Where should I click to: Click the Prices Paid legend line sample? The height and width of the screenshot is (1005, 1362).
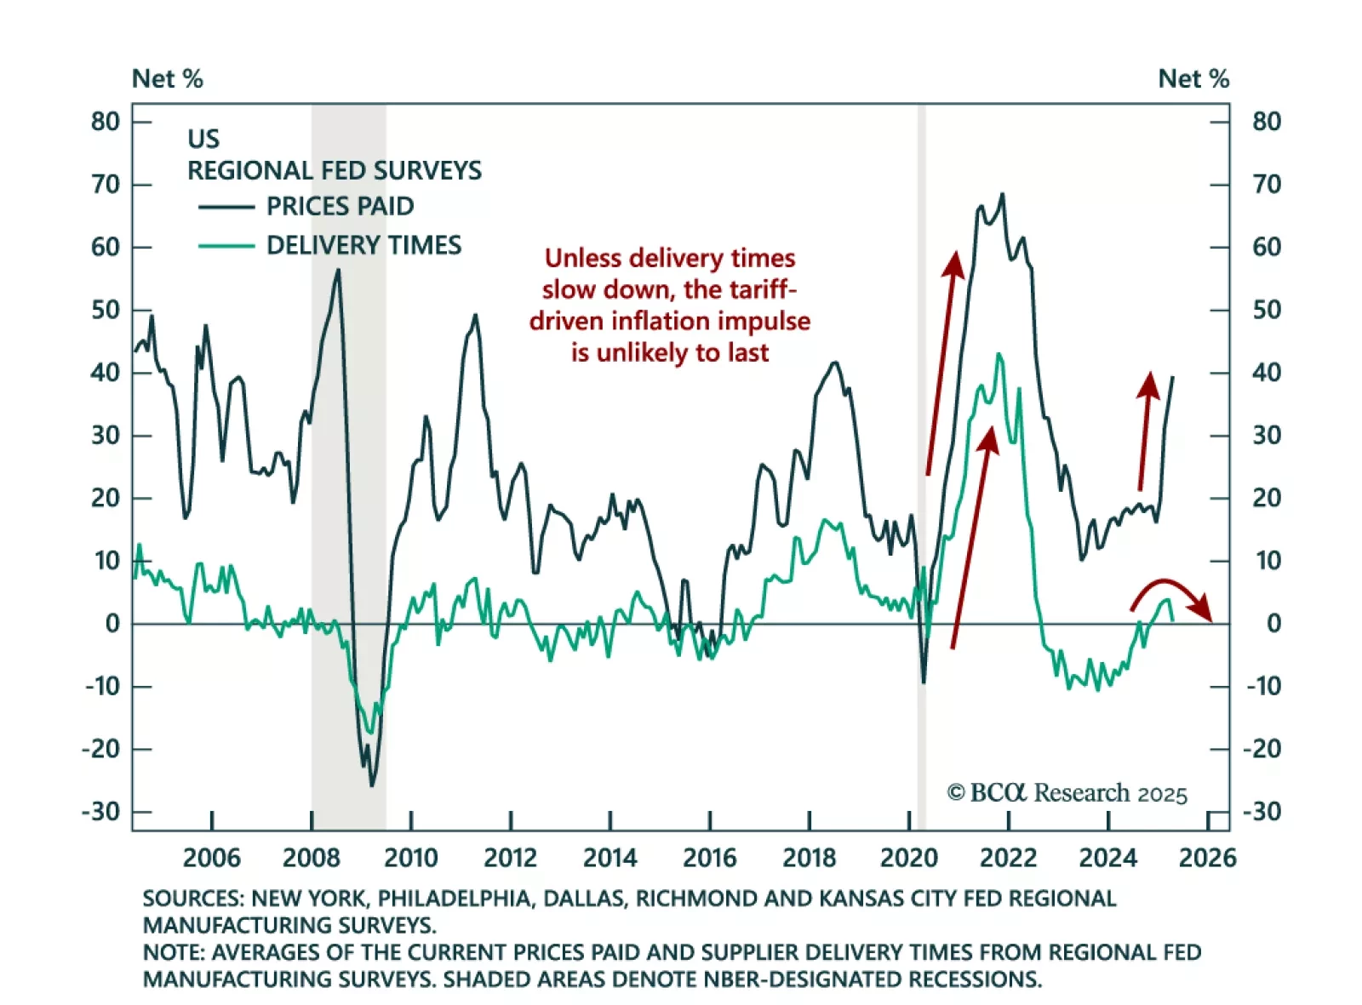tap(226, 207)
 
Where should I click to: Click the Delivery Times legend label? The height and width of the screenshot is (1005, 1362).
tap(363, 245)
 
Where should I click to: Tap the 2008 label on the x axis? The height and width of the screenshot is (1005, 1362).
tap(311, 857)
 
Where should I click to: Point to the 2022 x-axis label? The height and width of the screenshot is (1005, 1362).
tap(1008, 857)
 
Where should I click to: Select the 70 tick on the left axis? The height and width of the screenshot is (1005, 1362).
tap(106, 185)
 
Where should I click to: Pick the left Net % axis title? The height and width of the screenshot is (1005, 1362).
tap(168, 79)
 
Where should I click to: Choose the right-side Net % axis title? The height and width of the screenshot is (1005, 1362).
tap(1193, 79)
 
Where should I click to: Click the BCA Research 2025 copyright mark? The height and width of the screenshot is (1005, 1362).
tap(1067, 793)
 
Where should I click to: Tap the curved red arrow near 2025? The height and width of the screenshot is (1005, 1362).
tap(1170, 593)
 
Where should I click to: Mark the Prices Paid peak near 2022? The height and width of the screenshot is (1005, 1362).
tap(1002, 195)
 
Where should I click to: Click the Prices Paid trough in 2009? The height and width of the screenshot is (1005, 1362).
tap(371, 784)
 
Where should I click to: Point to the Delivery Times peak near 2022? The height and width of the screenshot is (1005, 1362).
tap(999, 355)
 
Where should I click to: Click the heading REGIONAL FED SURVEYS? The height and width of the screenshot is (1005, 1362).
tap(335, 171)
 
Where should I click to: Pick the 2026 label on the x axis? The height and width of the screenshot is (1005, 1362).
tap(1207, 857)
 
